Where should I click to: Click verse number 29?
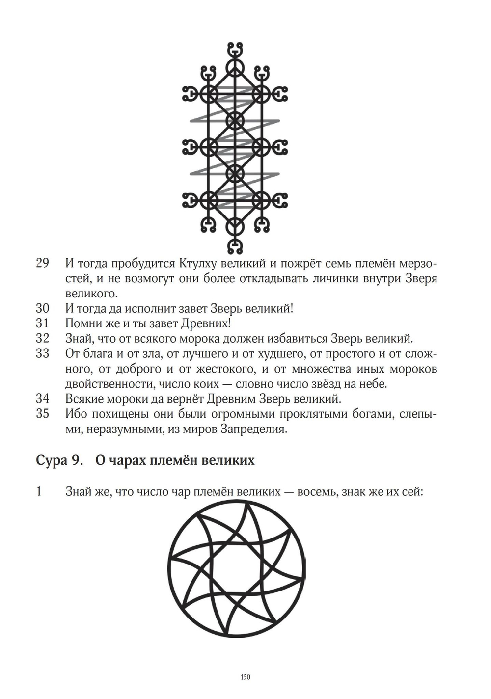click(42, 263)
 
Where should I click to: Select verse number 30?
click(42, 309)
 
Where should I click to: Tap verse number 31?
click(42, 323)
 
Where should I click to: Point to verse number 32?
click(42, 339)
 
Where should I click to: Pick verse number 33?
click(42, 353)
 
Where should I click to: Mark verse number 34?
click(42, 398)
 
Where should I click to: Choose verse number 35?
click(42, 413)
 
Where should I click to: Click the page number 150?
click(245, 677)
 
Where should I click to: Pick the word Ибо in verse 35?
click(76, 413)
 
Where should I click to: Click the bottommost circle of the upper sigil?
click(235, 227)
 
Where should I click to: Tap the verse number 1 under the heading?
click(39, 491)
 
